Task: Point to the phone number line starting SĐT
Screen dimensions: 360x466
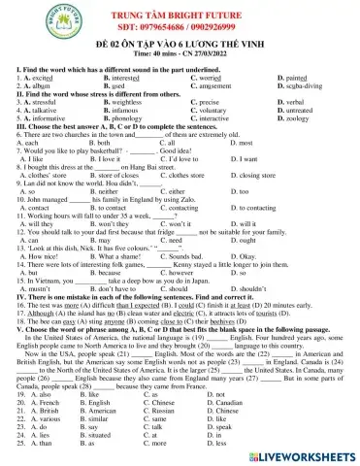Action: [x=180, y=31]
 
